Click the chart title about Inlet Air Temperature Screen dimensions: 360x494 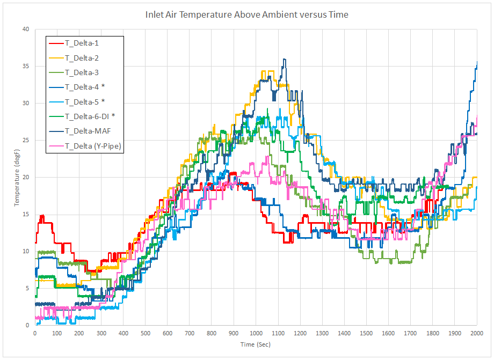click(246, 14)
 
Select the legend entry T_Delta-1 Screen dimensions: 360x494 click(82, 43)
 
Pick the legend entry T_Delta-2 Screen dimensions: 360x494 click(82, 58)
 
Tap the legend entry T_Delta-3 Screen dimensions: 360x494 click(82, 72)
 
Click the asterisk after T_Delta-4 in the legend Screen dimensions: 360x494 click(103, 86)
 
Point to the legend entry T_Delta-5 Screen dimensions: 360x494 click(82, 101)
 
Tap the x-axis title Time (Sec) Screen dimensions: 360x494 click(256, 344)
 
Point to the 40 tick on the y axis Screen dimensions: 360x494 click(25, 29)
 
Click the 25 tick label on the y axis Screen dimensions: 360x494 click(25, 140)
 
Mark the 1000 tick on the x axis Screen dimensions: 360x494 click(256, 333)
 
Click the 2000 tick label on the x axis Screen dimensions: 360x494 click(477, 333)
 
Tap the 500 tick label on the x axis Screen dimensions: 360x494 click(146, 333)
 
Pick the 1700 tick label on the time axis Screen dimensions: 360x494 click(410, 333)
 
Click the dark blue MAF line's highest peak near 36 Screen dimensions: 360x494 click(285, 60)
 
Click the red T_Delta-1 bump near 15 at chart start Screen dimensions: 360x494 click(42, 216)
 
